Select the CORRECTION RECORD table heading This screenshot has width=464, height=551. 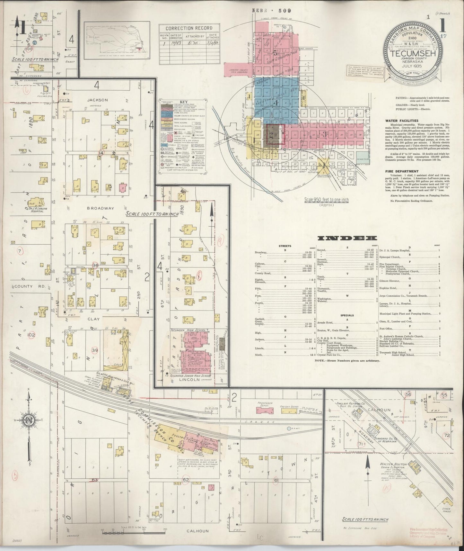click(x=188, y=28)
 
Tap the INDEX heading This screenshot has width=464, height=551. click(x=347, y=238)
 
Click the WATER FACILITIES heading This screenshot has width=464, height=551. click(x=401, y=121)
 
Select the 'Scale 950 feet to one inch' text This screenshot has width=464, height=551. click(x=326, y=200)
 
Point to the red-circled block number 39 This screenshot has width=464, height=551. click(x=94, y=350)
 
